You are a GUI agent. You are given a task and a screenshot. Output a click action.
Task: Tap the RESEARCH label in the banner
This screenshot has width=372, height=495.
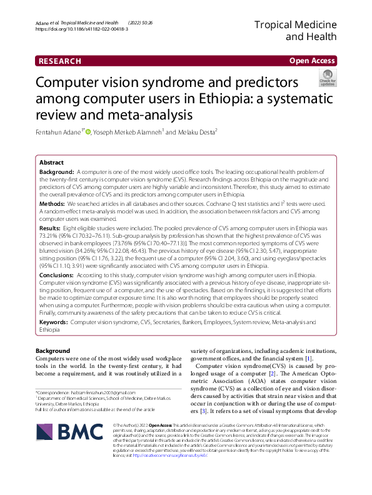coord(60,61)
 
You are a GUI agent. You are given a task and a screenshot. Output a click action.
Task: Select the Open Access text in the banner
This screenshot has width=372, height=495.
coord(311,61)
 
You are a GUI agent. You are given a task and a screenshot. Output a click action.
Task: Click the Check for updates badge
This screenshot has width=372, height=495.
coord(327,78)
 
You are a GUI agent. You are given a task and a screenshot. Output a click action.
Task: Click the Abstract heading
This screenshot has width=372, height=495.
coord(51,161)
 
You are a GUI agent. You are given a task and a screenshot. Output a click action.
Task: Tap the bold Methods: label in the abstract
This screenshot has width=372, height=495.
coord(52,204)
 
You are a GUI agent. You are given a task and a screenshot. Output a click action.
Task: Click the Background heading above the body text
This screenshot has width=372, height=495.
coord(53,350)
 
